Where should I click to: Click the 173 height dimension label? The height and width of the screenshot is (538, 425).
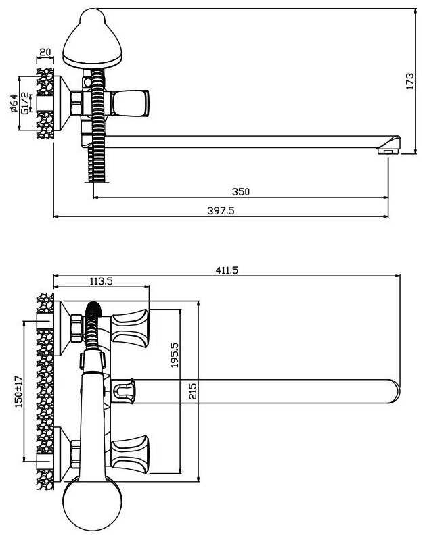click(410, 81)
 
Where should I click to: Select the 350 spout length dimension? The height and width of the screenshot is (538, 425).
click(241, 191)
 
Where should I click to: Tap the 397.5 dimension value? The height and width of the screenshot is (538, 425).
click(221, 210)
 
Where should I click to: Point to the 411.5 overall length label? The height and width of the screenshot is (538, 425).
click(227, 270)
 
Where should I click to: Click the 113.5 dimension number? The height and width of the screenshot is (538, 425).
click(102, 281)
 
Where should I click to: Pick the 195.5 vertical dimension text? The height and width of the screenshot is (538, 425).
click(175, 355)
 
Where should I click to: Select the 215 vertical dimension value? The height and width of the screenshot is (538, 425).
click(193, 391)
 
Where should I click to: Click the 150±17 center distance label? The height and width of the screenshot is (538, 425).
click(18, 391)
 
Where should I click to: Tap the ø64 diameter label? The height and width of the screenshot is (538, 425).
click(14, 103)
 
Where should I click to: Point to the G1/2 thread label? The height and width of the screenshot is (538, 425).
click(25, 103)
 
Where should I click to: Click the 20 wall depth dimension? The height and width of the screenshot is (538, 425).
click(45, 52)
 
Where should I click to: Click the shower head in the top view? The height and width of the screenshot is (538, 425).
click(92, 39)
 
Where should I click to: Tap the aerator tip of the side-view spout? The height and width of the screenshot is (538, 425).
click(389, 145)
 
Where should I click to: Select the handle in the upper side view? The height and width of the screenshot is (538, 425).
click(130, 103)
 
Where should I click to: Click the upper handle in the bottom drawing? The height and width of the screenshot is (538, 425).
click(130, 328)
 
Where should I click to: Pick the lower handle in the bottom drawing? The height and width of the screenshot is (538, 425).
click(130, 454)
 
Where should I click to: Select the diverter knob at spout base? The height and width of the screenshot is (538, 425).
click(123, 391)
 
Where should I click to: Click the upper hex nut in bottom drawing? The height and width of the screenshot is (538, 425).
click(76, 328)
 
